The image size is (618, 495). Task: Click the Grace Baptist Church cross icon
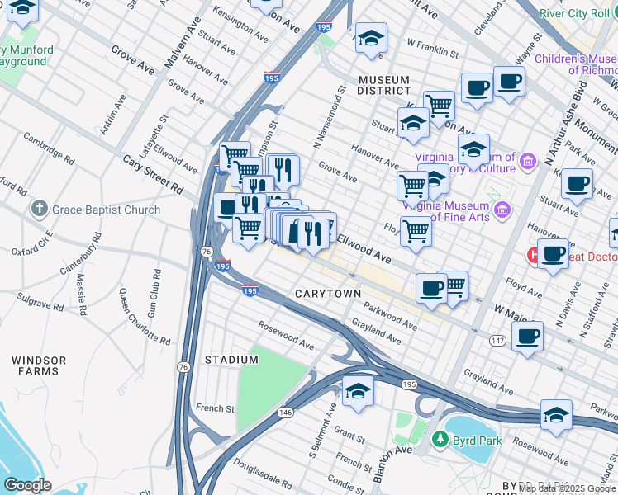[40, 210]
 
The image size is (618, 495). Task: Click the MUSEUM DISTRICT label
[384, 85]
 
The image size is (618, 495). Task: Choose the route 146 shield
[286, 411]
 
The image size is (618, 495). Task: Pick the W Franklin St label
[433, 48]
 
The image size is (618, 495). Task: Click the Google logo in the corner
[27, 485]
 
